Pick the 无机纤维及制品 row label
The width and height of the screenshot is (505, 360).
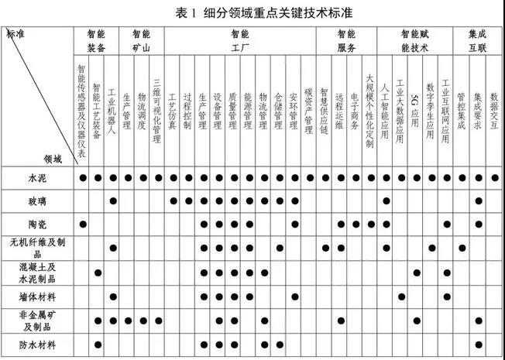37,248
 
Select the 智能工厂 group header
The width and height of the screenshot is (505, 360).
240,41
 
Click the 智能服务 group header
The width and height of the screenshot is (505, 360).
346,41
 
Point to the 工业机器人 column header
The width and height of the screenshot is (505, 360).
113,112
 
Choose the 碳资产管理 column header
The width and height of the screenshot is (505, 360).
309,112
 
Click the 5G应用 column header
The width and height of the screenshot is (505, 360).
416,112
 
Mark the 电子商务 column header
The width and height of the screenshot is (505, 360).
355,112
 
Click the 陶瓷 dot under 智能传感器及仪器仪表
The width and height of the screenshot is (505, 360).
82,225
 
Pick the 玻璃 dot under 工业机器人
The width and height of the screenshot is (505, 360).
113,201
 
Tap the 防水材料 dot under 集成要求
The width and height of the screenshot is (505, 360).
479,343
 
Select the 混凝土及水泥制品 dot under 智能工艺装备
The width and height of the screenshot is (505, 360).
98,273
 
